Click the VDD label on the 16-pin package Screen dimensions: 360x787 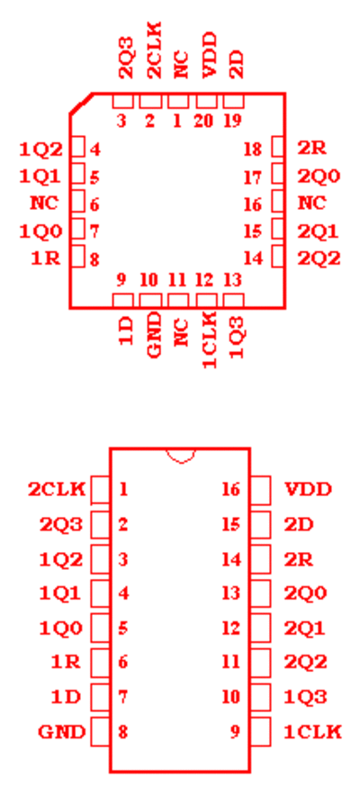[x=308, y=489]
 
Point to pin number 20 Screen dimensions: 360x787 [x=204, y=122]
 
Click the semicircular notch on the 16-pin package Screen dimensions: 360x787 [x=181, y=456]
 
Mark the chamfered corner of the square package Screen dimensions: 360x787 [x=80, y=104]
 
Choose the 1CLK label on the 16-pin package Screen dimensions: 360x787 [x=313, y=732]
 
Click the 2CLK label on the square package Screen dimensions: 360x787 [x=155, y=50]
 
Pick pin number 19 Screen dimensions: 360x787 [x=232, y=122]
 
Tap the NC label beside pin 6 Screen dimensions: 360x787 [x=44, y=204]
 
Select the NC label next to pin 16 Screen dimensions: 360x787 [x=312, y=204]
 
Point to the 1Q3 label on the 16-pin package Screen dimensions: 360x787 [x=306, y=697]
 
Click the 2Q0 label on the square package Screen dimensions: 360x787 [x=319, y=176]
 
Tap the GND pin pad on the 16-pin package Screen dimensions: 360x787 [x=100, y=731]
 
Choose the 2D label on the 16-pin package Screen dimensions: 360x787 [x=299, y=524]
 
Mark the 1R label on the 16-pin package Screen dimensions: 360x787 [x=66, y=663]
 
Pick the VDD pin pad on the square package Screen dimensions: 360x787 [x=206, y=101]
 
